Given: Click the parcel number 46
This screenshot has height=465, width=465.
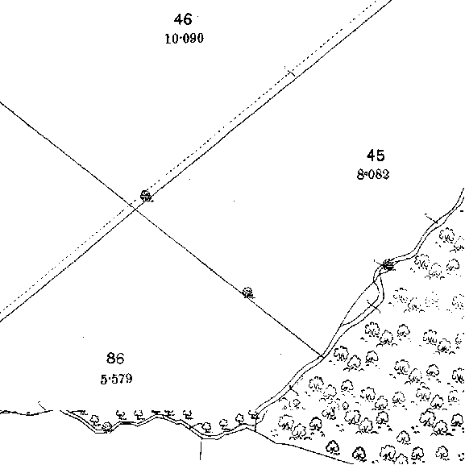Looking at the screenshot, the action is point(183,19).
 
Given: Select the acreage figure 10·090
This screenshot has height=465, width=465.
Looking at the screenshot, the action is point(185,39).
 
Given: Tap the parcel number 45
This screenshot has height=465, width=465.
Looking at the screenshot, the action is point(376,156).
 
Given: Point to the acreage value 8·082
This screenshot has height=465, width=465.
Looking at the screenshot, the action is point(373,174).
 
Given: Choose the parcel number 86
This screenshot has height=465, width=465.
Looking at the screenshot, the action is point(115,358).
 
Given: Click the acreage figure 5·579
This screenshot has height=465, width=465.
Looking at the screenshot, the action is point(116,379).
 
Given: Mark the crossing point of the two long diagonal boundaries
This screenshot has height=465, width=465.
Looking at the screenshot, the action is point(135,209).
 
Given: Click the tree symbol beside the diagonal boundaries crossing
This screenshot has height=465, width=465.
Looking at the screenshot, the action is point(146,197).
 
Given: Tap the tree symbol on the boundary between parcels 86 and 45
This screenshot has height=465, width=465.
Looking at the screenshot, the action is point(248,293).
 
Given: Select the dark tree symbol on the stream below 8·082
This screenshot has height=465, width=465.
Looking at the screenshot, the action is point(388,264).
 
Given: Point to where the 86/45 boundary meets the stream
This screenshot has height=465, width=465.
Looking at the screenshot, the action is point(322,355).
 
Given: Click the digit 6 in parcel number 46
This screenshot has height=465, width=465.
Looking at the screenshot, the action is point(188,19).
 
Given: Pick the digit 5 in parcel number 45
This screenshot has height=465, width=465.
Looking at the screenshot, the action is point(380,156).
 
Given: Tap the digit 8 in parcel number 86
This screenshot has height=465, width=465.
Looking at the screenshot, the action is point(110,358).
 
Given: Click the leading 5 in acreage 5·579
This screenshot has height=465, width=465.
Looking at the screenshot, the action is point(104,380).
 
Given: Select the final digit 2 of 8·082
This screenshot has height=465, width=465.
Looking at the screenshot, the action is point(386,174).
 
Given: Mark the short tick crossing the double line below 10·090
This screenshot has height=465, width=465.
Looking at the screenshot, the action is point(290,72).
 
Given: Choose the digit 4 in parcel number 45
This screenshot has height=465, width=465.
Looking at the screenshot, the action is point(371,156).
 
